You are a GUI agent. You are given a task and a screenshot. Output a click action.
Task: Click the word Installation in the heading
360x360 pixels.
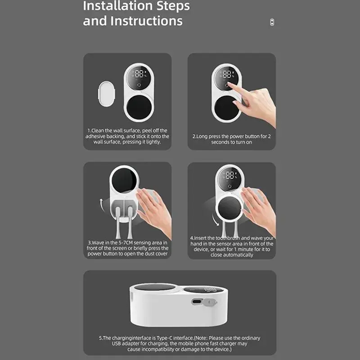tap(118, 6)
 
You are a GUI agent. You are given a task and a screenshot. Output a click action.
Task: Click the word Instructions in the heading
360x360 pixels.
tap(147, 21)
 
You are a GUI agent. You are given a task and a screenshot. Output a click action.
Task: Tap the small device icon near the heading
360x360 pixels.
tap(272, 22)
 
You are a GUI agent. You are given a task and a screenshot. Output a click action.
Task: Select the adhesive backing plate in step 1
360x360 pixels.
tap(107, 94)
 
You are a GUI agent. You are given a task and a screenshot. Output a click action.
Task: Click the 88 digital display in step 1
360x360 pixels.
tap(139, 74)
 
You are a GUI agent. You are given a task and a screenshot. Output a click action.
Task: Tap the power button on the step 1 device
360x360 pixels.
tap(139, 85)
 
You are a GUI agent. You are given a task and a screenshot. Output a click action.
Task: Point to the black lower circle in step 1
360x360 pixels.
tap(139, 108)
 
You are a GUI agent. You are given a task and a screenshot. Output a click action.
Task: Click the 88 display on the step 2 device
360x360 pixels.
tap(227, 74)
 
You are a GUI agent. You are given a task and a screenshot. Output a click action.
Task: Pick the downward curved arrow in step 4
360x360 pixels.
tap(215, 220)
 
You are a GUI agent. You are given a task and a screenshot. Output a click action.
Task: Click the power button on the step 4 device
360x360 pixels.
tap(229, 186)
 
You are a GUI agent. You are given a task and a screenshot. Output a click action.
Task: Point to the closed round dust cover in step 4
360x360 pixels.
tap(229, 208)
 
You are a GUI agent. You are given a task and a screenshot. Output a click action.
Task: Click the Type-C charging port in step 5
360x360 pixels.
tap(197, 301)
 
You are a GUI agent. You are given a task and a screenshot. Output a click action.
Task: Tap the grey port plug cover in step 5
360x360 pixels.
tap(209, 302)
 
